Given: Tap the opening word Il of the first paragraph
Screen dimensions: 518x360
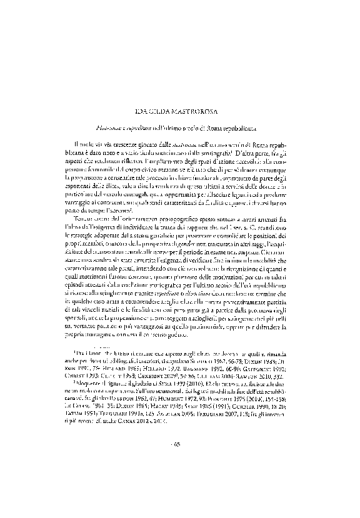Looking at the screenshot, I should pyautogui.click(x=77, y=143).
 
